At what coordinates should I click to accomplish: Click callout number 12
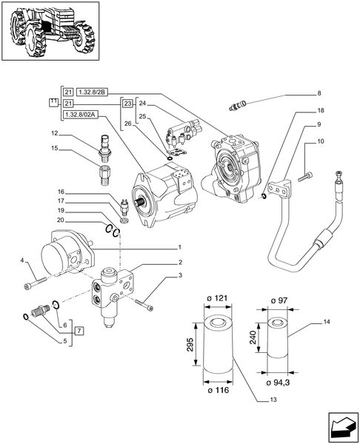(55, 133)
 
